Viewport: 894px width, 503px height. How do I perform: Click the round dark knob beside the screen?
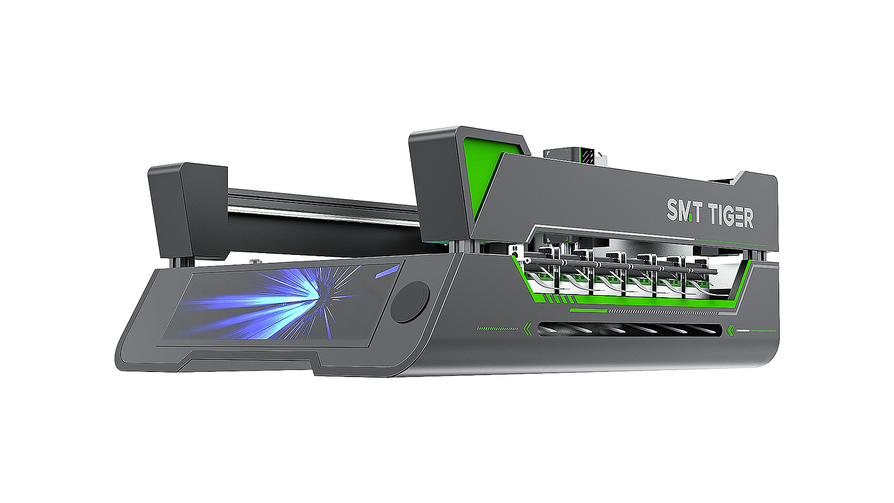click(x=409, y=302)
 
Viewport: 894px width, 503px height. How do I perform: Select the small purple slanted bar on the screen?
click(x=387, y=273)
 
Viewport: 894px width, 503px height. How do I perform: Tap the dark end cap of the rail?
click(x=188, y=210)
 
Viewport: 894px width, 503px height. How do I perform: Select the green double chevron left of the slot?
click(x=527, y=329)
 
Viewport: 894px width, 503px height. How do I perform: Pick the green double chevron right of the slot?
click(x=731, y=330)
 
